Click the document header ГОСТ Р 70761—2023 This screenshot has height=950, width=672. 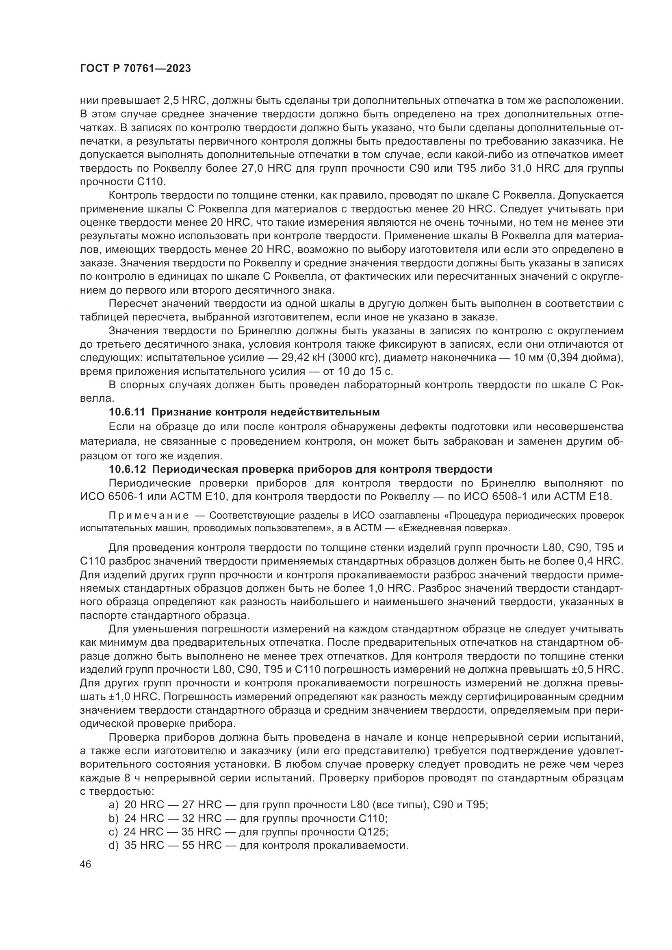coord(135,69)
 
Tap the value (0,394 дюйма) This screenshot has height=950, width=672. coord(585,357)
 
